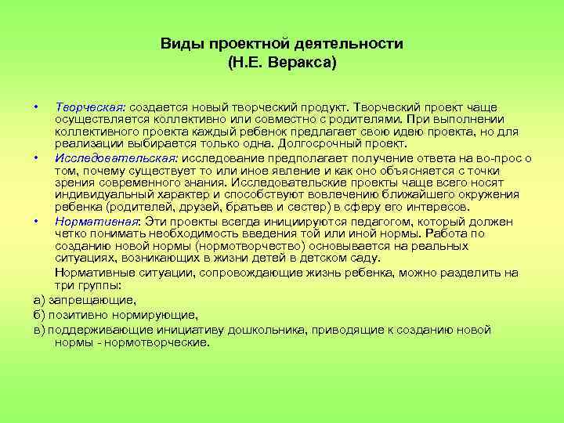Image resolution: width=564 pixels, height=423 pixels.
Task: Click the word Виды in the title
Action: coord(179,44)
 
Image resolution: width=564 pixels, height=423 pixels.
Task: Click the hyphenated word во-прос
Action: coord(499,157)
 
